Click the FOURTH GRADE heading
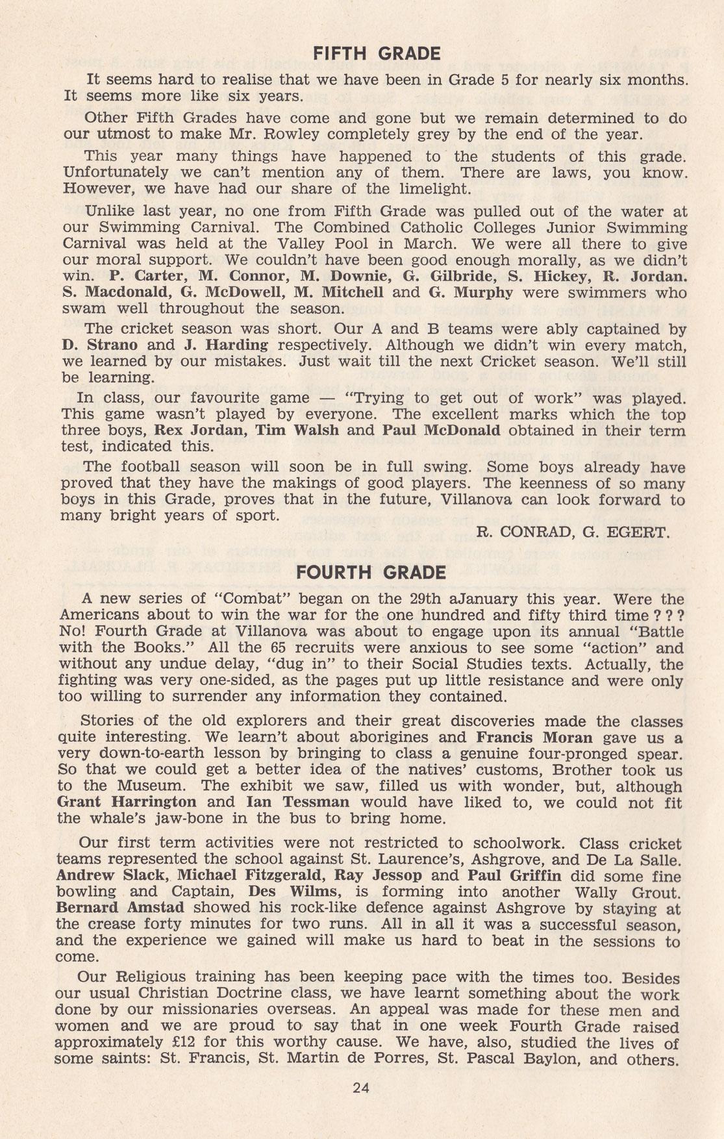pyautogui.click(x=371, y=572)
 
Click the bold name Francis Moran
pyautogui.click(x=534, y=738)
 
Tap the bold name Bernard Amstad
pyautogui.click(x=120, y=908)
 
